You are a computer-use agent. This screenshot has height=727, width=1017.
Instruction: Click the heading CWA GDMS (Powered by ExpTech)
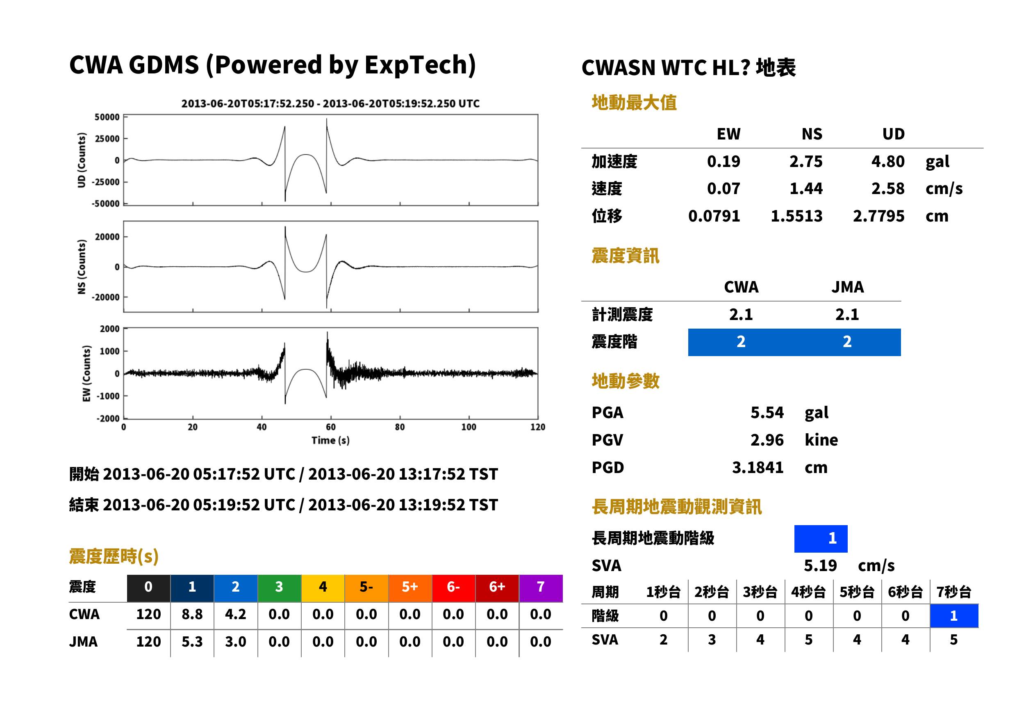tap(272, 65)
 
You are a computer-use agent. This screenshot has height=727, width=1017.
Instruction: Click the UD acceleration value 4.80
tap(887, 161)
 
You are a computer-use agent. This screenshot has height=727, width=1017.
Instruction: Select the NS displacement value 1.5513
tap(796, 216)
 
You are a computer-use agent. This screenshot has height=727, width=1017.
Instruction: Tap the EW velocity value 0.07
tap(723, 188)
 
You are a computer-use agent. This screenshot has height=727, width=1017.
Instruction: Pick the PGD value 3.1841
tap(757, 467)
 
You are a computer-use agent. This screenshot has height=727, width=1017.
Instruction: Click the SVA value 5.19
tap(820, 565)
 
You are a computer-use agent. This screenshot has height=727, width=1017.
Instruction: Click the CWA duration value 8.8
tap(192, 614)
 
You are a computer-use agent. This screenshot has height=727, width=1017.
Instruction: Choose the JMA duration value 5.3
tap(192, 642)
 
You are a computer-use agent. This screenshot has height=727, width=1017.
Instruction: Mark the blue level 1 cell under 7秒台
tap(953, 615)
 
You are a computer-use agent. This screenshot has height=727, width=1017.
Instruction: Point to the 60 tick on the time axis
tap(330, 427)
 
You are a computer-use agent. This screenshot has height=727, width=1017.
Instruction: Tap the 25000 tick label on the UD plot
tap(107, 139)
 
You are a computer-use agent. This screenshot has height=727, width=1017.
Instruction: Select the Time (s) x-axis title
tap(330, 441)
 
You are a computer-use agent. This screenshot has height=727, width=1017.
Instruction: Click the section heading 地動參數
tap(625, 381)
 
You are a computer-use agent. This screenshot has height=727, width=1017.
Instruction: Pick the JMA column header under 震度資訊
tap(848, 287)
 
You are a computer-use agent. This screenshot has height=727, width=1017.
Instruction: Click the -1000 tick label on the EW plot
tap(108, 396)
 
